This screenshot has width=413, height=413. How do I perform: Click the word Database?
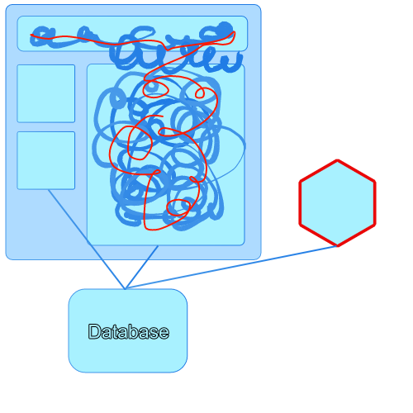tap(128, 331)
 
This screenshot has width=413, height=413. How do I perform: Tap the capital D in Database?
tap(94, 331)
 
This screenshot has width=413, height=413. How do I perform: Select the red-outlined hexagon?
tap(337, 203)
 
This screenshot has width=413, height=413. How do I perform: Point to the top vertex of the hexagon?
tap(337, 160)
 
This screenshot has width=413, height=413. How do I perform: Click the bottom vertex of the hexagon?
tap(337, 245)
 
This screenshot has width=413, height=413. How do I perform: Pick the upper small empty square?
tap(46, 93)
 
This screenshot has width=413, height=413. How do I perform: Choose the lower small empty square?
tap(46, 160)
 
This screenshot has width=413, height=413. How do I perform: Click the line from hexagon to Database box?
tap(230, 268)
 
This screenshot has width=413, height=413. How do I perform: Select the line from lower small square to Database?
tap(87, 239)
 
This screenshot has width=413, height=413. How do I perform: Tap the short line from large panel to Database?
tap(141, 267)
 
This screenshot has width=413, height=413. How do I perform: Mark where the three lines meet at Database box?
tap(126, 288)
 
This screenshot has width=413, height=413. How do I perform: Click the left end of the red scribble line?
tap(31, 35)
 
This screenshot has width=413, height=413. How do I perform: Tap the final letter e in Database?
tap(164, 333)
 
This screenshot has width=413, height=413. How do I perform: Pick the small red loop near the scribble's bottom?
tap(178, 207)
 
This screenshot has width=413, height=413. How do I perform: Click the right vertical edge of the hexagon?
tap(374, 203)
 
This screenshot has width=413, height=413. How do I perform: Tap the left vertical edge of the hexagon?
tap(300, 203)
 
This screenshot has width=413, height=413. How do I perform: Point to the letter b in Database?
tap(135, 331)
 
